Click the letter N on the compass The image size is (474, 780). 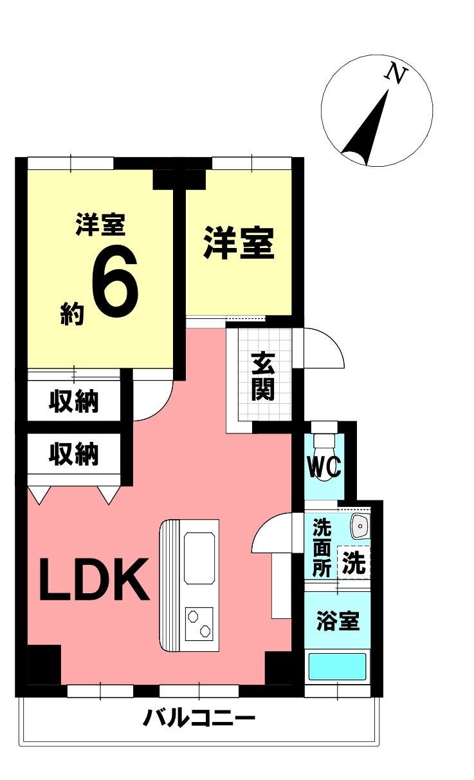396,74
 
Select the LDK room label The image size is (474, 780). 94,579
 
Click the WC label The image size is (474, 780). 324,468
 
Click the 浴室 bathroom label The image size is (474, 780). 338,622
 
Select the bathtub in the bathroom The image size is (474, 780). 337,666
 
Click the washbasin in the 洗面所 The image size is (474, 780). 360,527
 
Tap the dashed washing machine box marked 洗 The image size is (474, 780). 354,564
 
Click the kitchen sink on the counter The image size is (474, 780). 201,557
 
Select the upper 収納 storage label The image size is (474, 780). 74,401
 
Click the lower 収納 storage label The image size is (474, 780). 74,454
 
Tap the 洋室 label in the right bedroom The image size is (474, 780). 239,243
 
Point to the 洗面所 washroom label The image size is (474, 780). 321,547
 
